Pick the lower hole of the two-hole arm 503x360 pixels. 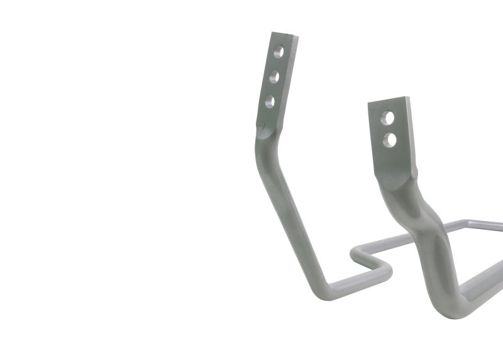(390, 138)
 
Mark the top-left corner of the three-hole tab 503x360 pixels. (274, 33)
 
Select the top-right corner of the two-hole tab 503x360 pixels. (409, 98)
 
